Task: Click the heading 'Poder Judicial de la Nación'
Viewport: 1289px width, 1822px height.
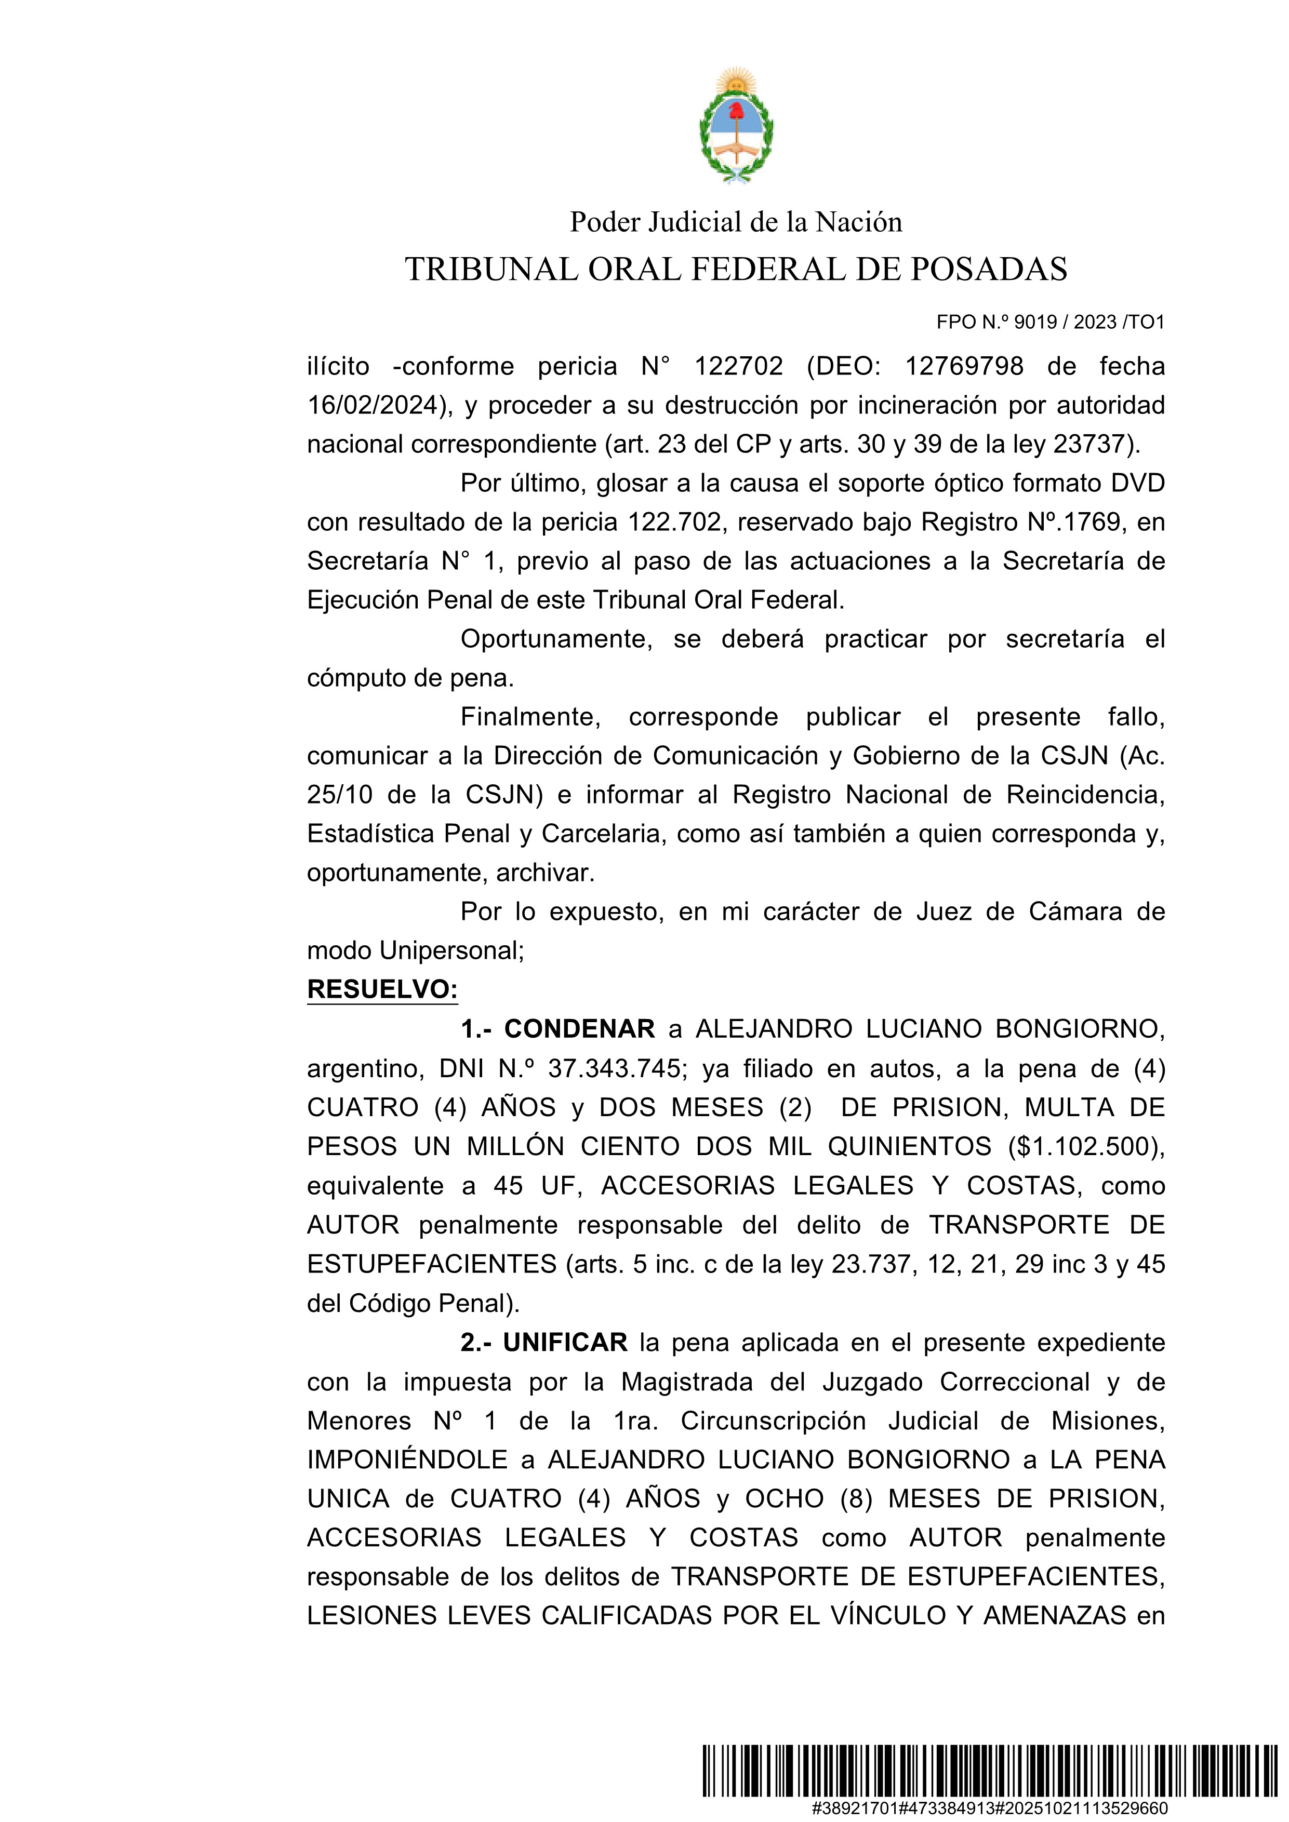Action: tap(736, 222)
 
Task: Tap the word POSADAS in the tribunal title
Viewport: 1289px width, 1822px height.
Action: tap(988, 270)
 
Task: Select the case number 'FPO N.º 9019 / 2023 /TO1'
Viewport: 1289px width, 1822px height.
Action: tap(1050, 322)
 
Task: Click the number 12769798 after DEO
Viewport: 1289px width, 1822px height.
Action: tap(964, 367)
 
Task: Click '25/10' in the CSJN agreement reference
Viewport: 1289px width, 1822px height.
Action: tap(340, 794)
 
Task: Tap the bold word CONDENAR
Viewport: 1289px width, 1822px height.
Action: tap(579, 1029)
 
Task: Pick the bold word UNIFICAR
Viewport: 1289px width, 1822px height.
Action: tap(565, 1343)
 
